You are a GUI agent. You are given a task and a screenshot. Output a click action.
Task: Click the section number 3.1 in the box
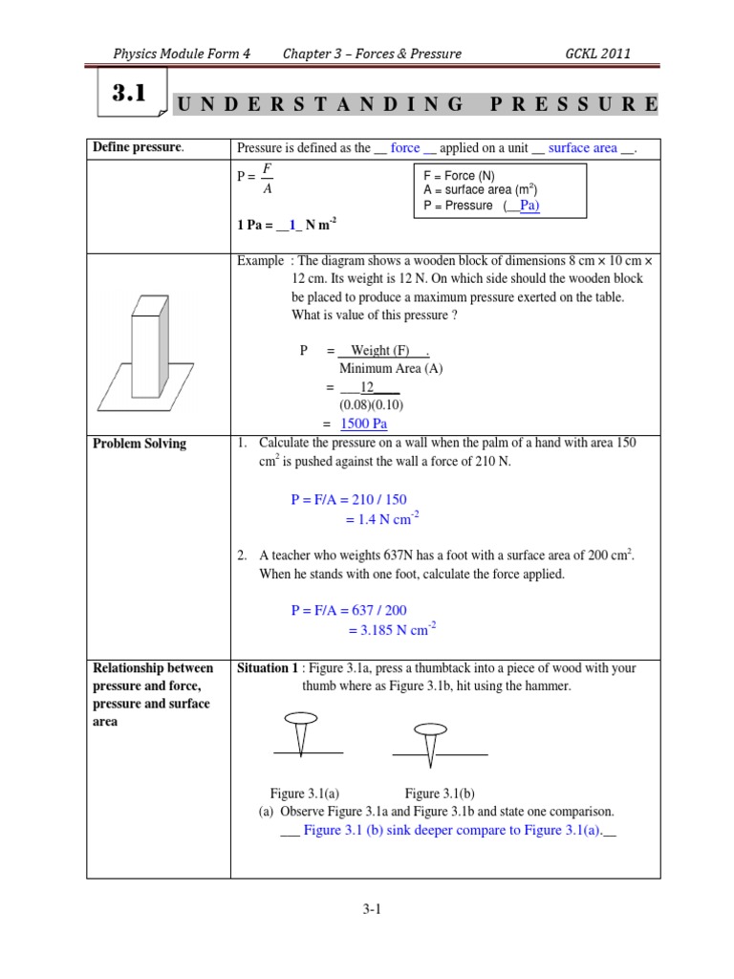point(128,94)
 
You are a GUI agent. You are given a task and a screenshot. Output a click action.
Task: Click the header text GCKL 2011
point(598,54)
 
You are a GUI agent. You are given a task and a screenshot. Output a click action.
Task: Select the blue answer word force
point(405,147)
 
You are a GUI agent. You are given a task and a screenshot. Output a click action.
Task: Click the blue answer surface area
point(582,147)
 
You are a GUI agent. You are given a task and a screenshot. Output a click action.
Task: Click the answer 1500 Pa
point(364,424)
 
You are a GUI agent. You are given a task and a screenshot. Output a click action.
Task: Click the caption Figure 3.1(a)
point(305,793)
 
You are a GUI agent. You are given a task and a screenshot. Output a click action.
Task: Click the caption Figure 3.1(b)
point(440,793)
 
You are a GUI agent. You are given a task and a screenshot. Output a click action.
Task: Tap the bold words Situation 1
point(268,667)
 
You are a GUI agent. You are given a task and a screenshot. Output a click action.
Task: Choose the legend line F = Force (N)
point(465,176)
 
